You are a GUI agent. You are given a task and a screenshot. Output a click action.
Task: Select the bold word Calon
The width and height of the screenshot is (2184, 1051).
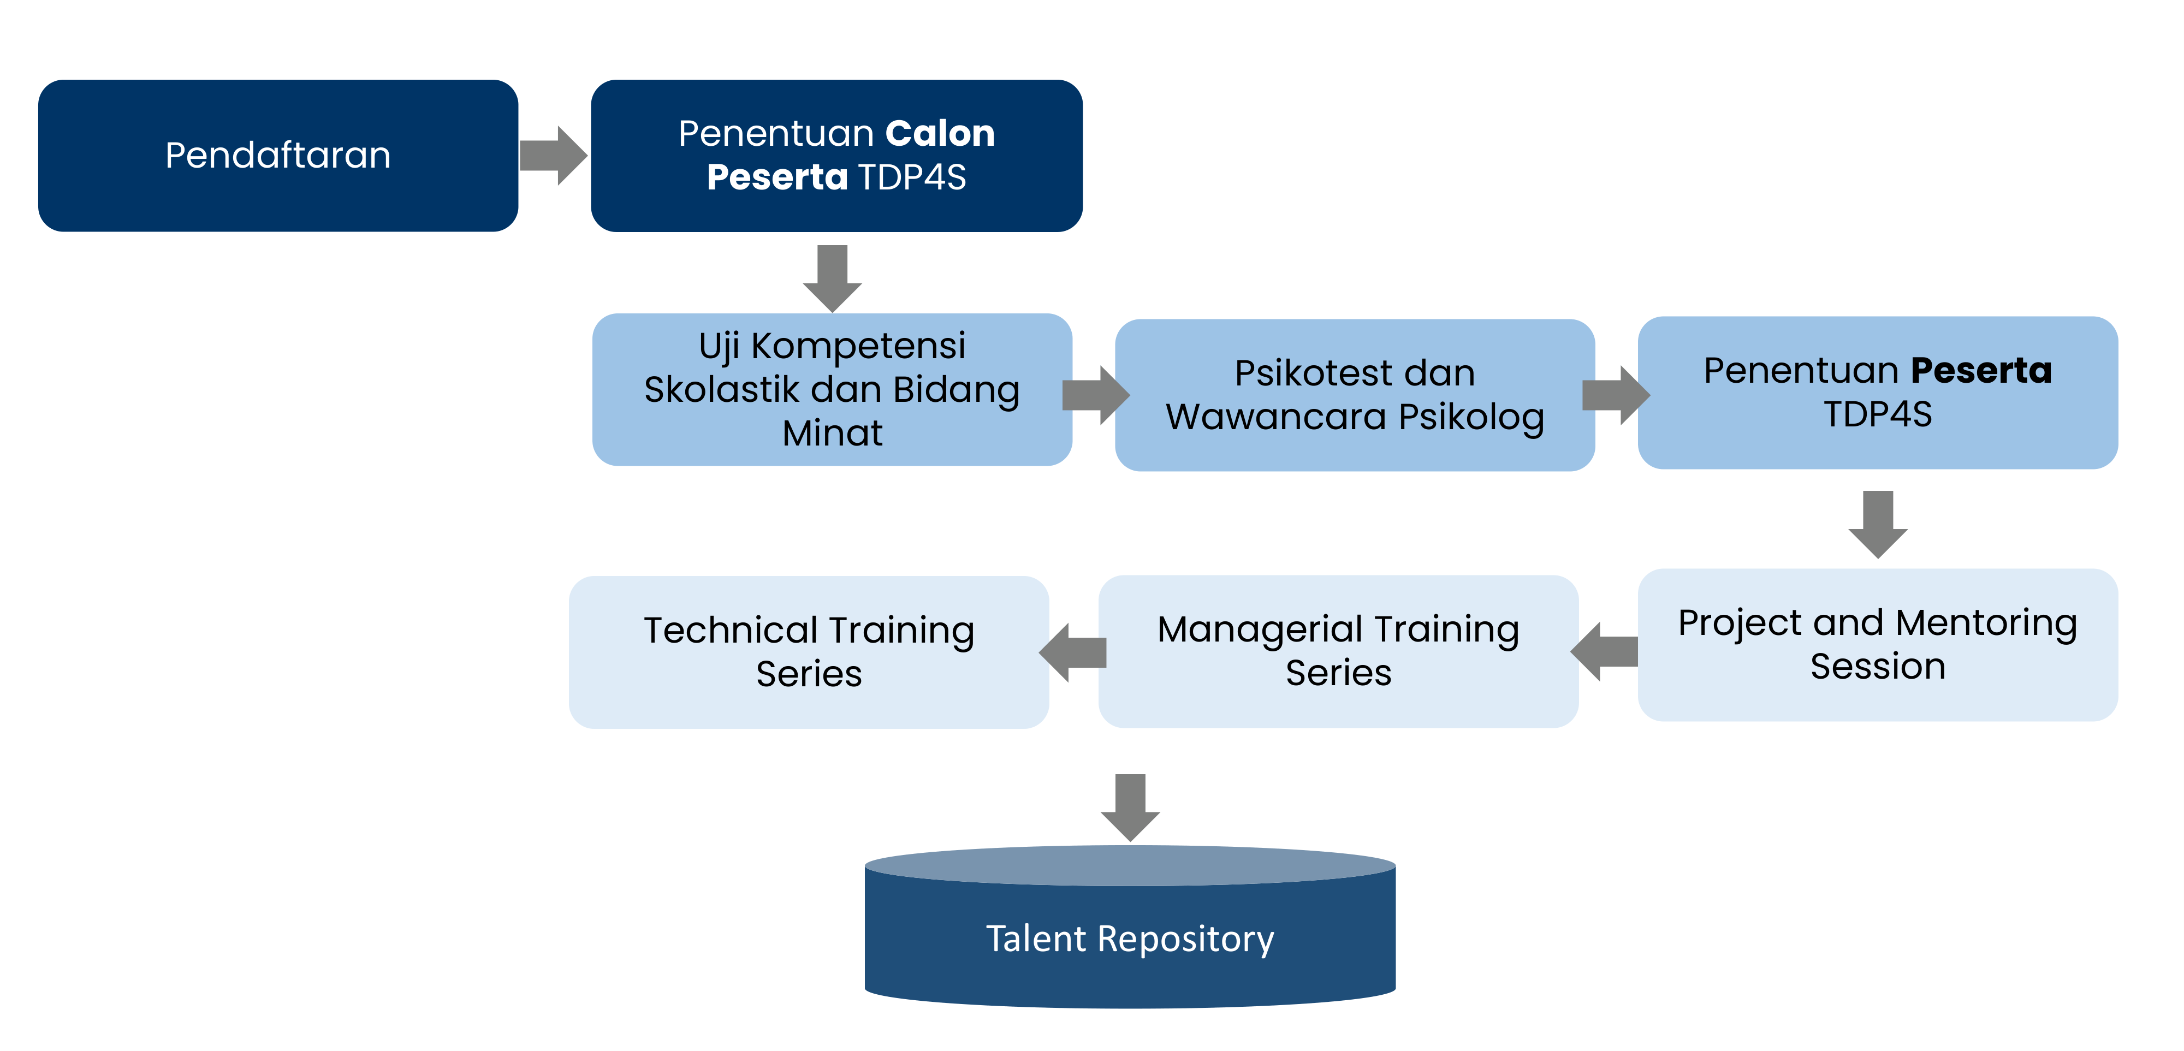(x=939, y=134)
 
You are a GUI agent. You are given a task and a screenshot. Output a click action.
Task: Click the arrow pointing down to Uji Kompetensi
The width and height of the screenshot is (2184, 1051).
(x=832, y=278)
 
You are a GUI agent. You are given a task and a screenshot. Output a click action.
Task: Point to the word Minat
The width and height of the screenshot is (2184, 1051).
(x=832, y=433)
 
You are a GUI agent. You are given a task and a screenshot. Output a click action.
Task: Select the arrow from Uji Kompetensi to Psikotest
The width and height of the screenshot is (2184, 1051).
(x=1095, y=395)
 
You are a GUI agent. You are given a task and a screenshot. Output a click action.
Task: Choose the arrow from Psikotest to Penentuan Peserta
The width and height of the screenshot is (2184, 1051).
(x=1615, y=395)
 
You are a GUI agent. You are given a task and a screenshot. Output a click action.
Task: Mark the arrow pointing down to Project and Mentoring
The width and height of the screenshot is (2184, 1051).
(x=1878, y=524)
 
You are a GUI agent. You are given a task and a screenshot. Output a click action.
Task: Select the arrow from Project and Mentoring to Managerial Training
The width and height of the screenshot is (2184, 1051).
(x=1604, y=652)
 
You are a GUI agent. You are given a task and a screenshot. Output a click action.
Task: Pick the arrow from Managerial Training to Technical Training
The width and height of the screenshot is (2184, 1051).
(x=1073, y=652)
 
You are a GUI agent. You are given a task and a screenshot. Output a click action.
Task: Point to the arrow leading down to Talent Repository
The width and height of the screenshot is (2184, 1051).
(x=1130, y=807)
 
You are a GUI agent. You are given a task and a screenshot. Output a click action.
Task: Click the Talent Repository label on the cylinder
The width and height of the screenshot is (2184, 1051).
(x=1130, y=939)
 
